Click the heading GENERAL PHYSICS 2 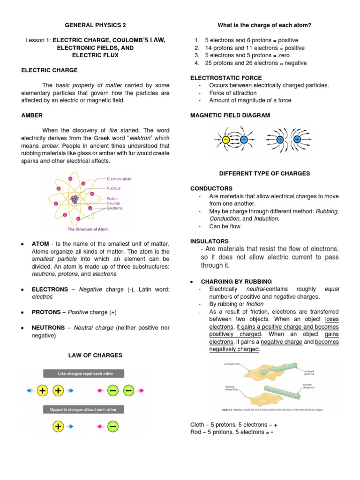point(95,25)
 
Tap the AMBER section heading point(32,115)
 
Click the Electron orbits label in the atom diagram point(120,179)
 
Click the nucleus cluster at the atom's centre point(75,199)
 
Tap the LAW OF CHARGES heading point(95,355)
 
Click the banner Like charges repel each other point(84,374)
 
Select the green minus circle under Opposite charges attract point(113,427)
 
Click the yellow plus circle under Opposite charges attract point(58,427)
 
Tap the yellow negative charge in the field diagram point(226,140)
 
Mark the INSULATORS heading point(209,241)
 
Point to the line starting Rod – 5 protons point(232,432)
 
